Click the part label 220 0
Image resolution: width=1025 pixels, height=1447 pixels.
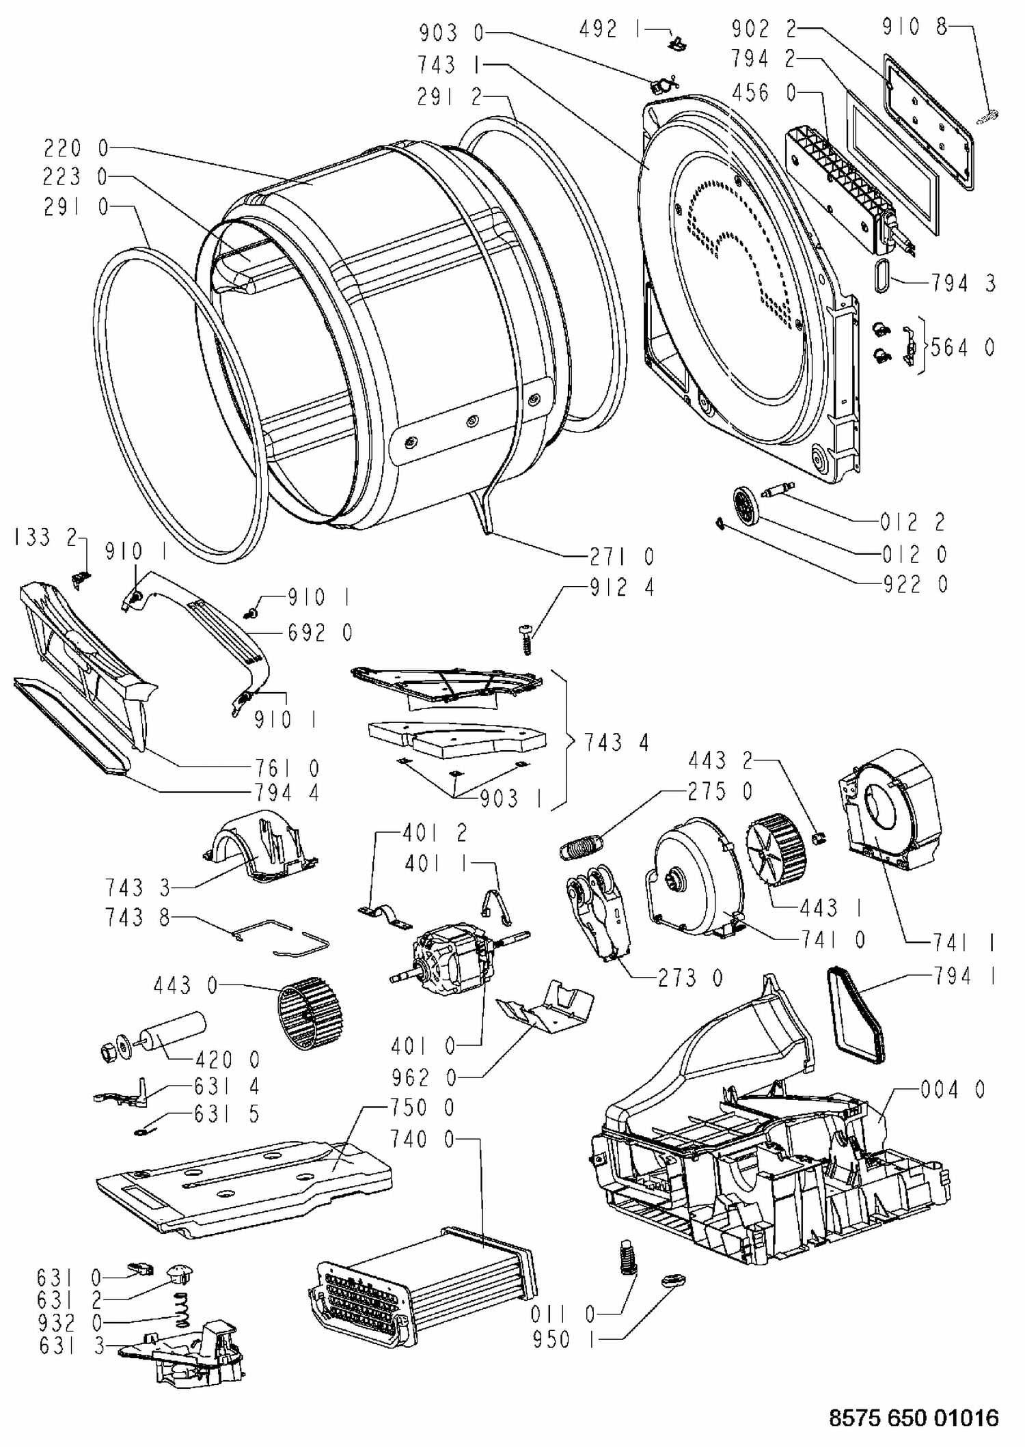click(76, 148)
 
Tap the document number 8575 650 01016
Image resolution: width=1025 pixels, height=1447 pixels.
click(914, 1418)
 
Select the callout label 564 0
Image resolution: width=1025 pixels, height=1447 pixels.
click(962, 348)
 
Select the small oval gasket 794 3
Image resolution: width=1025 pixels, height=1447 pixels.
click(882, 275)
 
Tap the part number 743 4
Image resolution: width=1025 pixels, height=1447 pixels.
click(616, 742)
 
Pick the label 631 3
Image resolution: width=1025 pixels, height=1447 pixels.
click(72, 1346)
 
